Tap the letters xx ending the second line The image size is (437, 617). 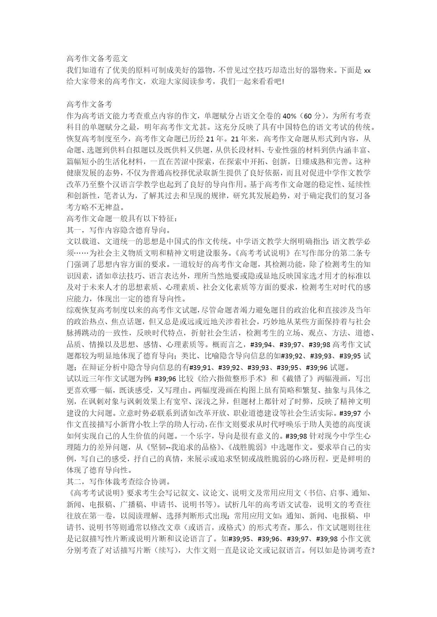point(367,70)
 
